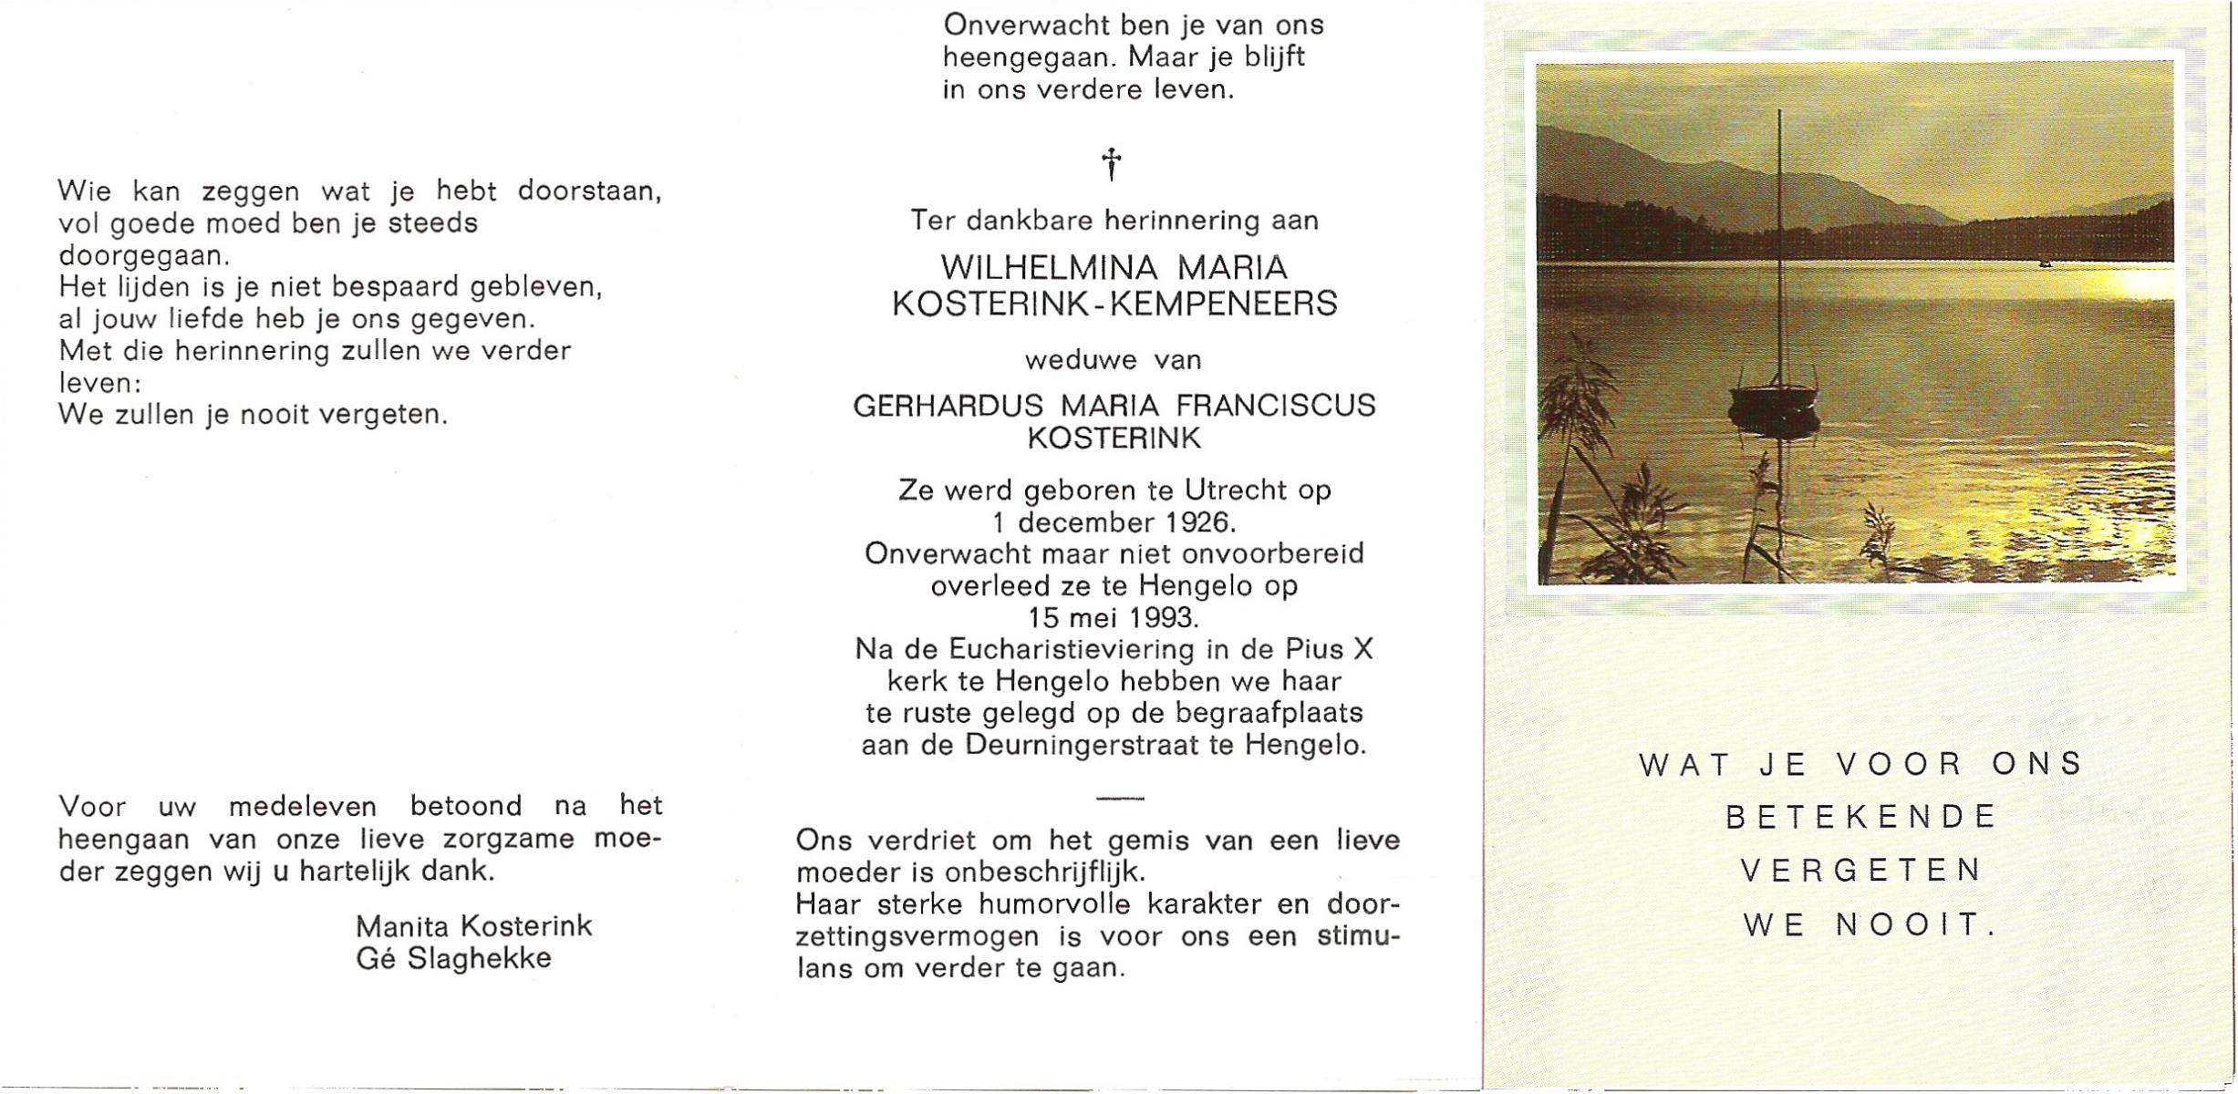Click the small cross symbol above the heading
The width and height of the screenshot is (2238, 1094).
coord(1111,164)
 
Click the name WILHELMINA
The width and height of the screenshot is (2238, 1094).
coord(1049,268)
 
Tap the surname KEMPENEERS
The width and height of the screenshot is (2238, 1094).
coord(1223,304)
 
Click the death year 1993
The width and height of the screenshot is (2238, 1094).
coord(1160,618)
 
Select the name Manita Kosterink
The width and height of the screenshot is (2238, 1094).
coord(473,926)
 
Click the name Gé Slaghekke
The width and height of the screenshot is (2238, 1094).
coord(453,959)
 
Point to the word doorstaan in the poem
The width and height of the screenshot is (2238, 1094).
coord(589,191)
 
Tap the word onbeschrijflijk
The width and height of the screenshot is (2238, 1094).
coord(1042,872)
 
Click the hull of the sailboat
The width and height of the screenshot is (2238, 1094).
coord(1774,401)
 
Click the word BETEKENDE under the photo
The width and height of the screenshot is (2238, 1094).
coord(1860,817)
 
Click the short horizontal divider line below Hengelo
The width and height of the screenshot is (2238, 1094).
coord(1120,799)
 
